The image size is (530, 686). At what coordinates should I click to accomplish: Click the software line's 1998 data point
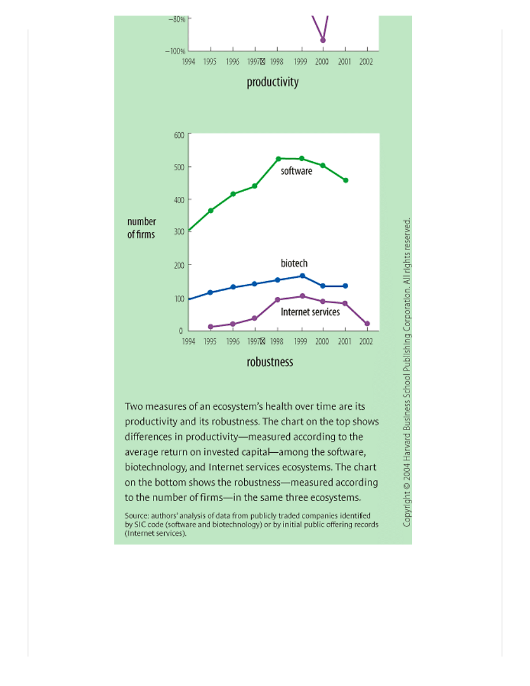(x=278, y=158)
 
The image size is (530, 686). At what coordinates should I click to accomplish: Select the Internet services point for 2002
(x=367, y=324)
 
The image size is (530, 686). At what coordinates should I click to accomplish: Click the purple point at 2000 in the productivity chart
(x=323, y=40)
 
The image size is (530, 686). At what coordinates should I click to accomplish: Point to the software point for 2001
(x=346, y=180)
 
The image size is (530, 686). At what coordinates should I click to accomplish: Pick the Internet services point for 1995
(x=210, y=327)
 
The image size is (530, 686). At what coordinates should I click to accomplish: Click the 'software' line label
(x=296, y=171)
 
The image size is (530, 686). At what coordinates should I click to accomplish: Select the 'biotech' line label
(x=294, y=263)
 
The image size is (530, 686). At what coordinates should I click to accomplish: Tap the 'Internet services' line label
(x=310, y=312)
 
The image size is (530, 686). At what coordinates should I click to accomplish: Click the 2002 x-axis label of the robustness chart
(x=365, y=341)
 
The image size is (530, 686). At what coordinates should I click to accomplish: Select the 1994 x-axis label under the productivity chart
(x=188, y=61)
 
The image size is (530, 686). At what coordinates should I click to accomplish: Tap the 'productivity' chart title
(x=273, y=82)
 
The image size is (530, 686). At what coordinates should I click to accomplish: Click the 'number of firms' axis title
(x=141, y=228)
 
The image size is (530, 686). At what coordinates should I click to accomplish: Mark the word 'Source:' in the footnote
(x=136, y=515)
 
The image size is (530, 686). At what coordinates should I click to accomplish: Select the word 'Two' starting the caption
(x=133, y=407)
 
